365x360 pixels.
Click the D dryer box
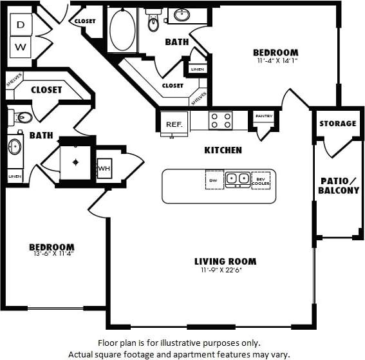point(21,25)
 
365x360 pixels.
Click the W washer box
point(21,46)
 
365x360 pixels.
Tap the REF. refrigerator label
point(173,124)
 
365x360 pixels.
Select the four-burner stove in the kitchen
point(220,120)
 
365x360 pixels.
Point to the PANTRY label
point(264,116)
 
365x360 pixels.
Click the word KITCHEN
point(223,150)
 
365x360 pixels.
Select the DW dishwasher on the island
point(214,180)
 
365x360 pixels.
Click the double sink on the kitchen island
point(236,178)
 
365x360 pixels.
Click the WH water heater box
point(104,169)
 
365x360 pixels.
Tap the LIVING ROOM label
point(225,261)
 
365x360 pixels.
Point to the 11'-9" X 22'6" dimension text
point(225,270)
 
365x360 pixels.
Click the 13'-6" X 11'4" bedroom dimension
point(51,256)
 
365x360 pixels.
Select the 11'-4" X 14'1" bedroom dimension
point(275,61)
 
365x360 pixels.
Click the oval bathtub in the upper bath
point(122,30)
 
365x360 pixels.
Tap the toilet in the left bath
point(21,117)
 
